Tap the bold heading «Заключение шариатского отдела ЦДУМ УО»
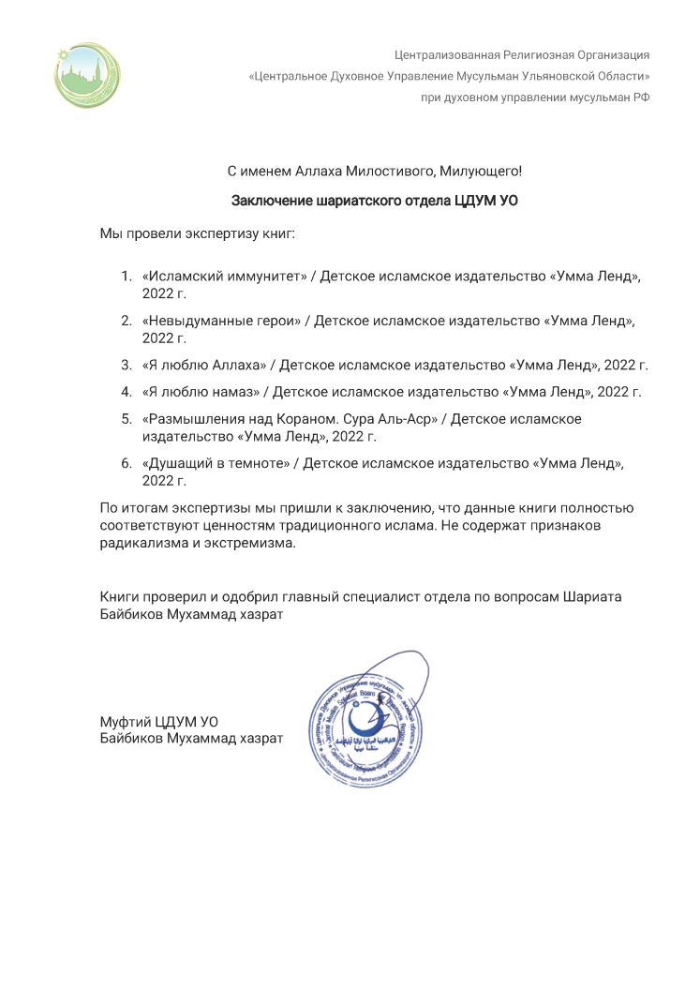coord(375,200)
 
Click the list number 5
coord(126,419)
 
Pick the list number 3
coord(126,365)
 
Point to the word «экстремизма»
coord(254,544)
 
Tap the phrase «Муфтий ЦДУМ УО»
coord(158,720)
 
